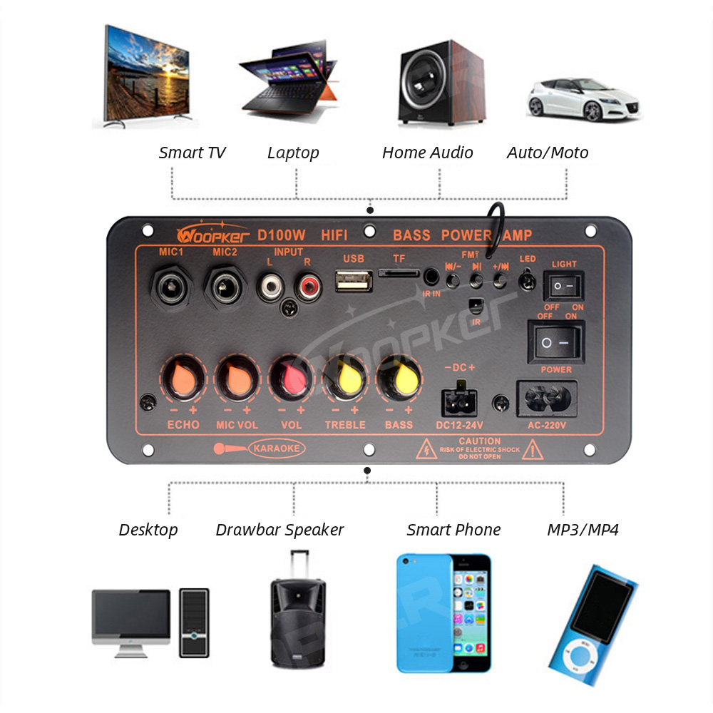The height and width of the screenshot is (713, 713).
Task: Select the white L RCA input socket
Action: [x=271, y=287]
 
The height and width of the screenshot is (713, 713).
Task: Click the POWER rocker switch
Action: [x=555, y=342]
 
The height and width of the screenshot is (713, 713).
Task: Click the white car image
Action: [x=583, y=101]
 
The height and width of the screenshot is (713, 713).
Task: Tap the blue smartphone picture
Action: [x=443, y=612]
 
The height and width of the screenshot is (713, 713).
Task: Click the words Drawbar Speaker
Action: [x=279, y=530]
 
